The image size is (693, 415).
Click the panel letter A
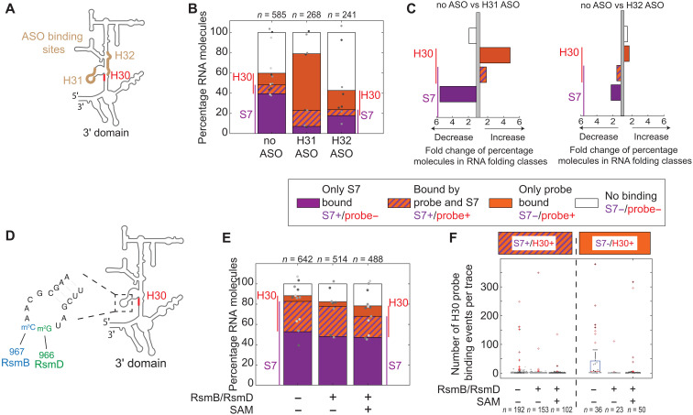pos(10,9)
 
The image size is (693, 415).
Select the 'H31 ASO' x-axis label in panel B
pos(307,147)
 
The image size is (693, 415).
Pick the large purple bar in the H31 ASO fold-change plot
pos(458,94)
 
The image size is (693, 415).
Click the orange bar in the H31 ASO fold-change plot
pos(495,55)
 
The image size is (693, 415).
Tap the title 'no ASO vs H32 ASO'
pos(621,5)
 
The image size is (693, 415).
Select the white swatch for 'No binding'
pos(587,202)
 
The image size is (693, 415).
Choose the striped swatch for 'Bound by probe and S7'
pos(398,202)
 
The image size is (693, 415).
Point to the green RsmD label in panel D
pos(49,365)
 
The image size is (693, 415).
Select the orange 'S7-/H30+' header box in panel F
pos(615,244)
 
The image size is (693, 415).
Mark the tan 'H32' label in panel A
pos(125,56)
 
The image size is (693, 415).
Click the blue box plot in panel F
pos(594,366)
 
